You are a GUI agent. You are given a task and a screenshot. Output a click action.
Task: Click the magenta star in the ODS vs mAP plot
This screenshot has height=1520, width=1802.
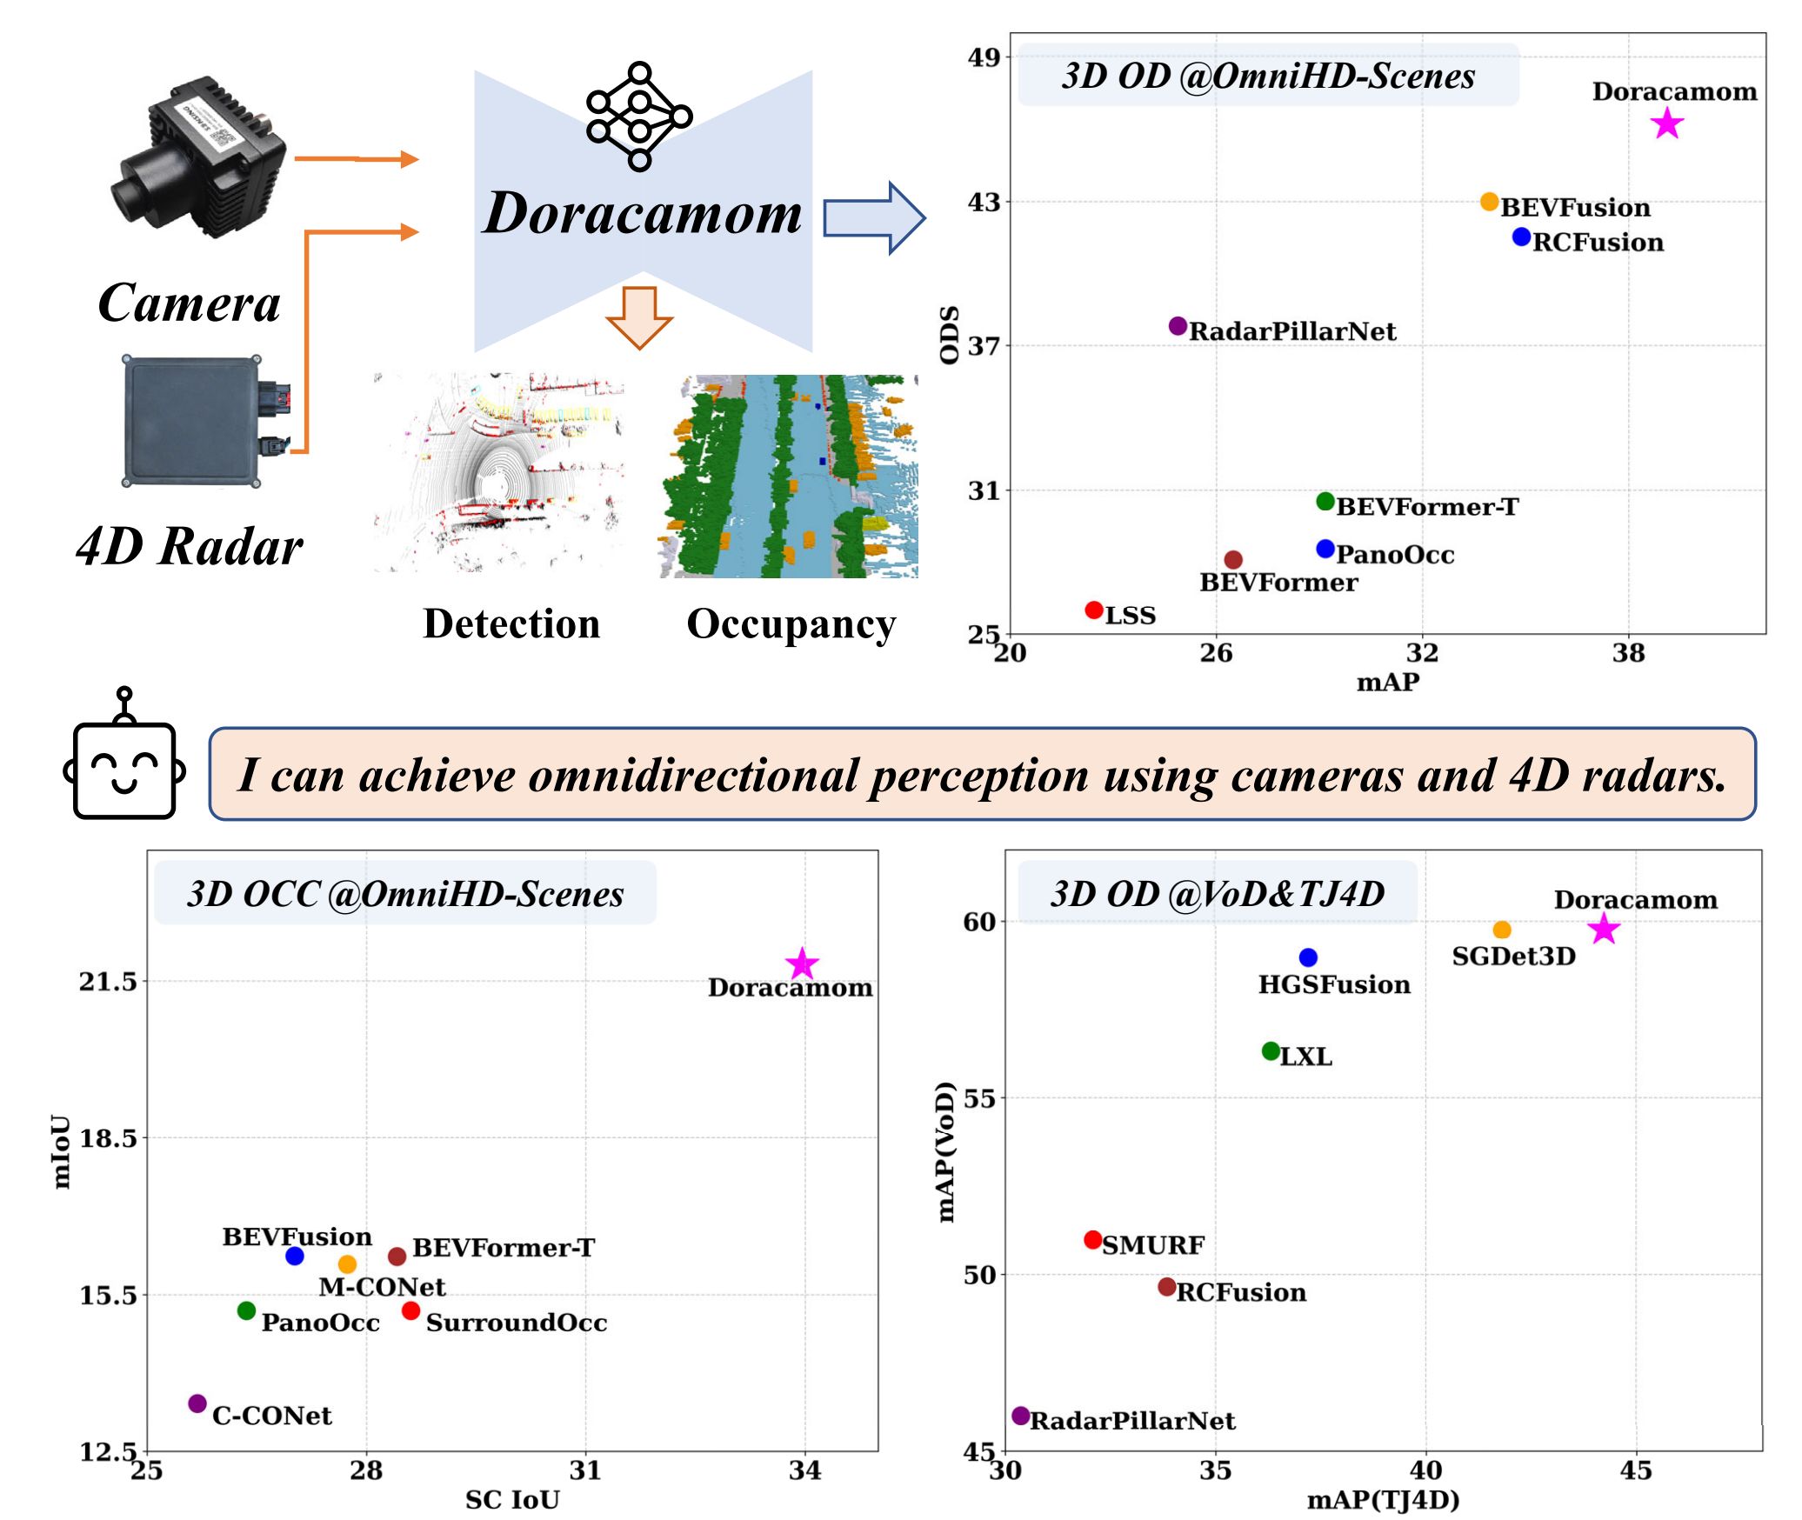coord(1666,123)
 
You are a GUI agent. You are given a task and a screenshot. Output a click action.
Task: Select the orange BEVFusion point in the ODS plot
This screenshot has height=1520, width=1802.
coord(1489,202)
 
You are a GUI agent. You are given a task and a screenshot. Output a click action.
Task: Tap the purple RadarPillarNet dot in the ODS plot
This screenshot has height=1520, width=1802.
coord(1178,326)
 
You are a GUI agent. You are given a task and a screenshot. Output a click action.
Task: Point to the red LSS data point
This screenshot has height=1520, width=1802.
coord(1094,610)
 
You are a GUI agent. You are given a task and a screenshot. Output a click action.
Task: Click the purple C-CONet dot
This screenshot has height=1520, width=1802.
coord(197,1403)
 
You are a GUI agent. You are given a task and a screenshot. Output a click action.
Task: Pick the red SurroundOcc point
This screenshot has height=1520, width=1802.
coord(410,1310)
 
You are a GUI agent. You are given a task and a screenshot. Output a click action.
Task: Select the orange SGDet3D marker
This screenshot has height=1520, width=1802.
coord(1502,930)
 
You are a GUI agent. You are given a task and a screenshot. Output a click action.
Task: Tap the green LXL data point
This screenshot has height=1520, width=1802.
coord(1271,1051)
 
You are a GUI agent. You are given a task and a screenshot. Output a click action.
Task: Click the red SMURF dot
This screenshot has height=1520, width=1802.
coord(1093,1240)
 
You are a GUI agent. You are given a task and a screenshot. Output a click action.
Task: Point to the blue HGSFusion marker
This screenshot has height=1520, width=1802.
coord(1308,957)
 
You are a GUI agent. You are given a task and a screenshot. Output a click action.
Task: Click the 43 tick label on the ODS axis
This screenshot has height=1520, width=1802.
coord(984,203)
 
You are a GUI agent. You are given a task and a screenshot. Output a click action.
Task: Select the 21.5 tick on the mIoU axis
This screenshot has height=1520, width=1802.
coord(109,982)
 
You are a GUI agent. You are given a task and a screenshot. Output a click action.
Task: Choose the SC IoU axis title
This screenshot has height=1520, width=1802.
coord(512,1500)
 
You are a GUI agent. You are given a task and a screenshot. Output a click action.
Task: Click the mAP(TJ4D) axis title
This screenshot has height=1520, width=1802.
coord(1383,1500)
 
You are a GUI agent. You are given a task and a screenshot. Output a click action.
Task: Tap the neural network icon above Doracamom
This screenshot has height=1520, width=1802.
coord(639,117)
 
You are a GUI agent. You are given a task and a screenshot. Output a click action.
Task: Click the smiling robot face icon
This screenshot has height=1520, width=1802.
coord(124,765)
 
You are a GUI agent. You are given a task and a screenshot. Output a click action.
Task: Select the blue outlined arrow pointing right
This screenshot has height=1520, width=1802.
coord(873,218)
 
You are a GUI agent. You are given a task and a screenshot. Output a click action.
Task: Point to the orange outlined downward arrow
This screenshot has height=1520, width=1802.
coord(639,317)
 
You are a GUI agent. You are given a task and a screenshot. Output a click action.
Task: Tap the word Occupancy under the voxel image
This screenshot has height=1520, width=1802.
coord(791,624)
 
